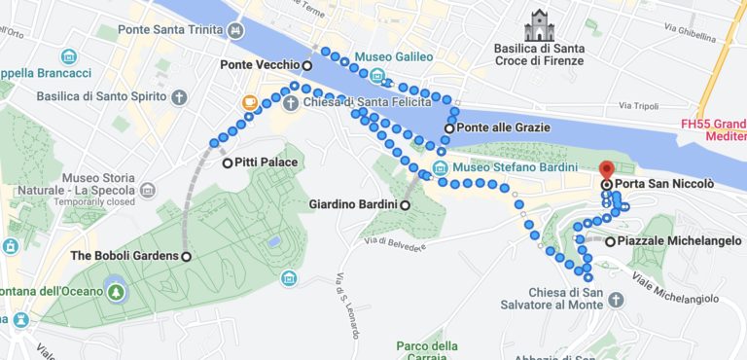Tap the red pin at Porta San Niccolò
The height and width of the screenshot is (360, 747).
[606, 169]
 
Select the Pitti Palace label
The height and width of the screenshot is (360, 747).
[266, 162]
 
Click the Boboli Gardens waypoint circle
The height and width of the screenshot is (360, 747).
[186, 256]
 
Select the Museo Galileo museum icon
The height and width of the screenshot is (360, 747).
[377, 77]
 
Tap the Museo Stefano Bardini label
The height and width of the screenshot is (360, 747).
[510, 167]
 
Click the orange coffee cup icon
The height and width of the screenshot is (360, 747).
[250, 102]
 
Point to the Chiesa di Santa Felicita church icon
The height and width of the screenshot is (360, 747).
[290, 103]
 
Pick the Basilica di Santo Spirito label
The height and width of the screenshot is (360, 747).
[101, 96]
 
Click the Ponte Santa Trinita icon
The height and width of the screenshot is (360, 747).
[236, 30]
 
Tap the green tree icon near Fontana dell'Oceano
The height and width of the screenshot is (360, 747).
[117, 291]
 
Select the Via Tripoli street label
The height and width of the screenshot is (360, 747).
[638, 105]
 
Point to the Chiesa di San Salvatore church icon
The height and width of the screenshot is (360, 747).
[616, 300]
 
